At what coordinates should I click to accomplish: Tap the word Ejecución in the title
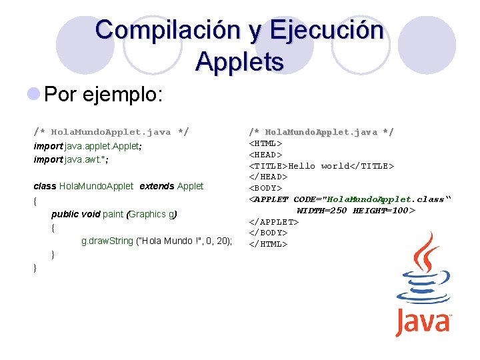[x=327, y=31]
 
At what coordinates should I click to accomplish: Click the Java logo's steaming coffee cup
[x=423, y=273]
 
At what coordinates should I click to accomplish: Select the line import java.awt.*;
[x=71, y=160]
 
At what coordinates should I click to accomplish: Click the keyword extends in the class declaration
[x=157, y=186]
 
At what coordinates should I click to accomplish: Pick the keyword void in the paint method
[x=89, y=214]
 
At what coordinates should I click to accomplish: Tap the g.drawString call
[x=157, y=241]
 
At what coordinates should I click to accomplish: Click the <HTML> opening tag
[x=265, y=143]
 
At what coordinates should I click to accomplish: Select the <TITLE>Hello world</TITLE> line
[x=321, y=165]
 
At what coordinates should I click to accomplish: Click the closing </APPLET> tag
[x=274, y=221]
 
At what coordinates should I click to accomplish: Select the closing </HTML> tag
[x=268, y=244]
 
